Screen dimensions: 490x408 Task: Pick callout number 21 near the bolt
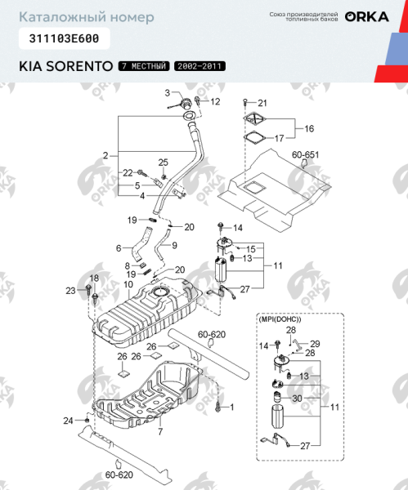click(x=262, y=103)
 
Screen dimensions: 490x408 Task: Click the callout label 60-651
click(x=305, y=154)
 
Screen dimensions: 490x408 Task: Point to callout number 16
click(x=309, y=129)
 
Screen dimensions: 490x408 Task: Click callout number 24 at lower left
click(x=69, y=420)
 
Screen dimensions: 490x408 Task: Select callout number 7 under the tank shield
click(x=160, y=430)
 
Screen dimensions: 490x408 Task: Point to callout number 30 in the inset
click(x=297, y=398)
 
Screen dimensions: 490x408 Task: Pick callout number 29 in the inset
click(x=315, y=343)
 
